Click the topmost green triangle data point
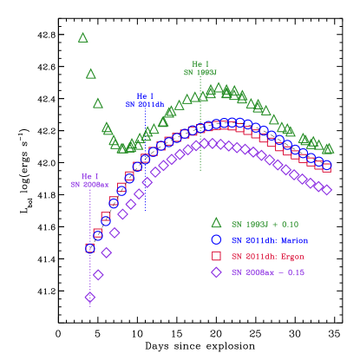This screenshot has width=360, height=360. click(83, 37)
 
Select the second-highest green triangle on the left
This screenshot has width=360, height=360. click(91, 74)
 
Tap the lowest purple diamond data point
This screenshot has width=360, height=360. click(90, 298)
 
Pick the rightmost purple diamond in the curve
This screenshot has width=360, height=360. click(327, 189)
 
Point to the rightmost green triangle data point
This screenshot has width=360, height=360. click(329, 147)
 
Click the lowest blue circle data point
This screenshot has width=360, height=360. click(90, 248)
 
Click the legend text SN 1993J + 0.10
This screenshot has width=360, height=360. click(265, 225)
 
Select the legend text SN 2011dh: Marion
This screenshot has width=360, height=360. click(269, 240)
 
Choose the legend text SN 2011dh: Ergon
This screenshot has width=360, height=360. click(268, 257)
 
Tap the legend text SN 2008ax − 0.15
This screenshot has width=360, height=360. click(267, 272)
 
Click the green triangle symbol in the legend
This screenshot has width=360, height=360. click(216, 223)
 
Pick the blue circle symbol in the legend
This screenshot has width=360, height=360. click(216, 239)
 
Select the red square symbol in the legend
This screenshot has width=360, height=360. click(216, 256)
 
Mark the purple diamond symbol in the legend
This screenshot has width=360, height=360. click(216, 272)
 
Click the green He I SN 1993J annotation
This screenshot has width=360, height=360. click(200, 68)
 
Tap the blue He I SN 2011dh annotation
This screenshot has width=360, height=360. click(145, 100)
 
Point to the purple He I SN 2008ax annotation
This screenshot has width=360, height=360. click(89, 180)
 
